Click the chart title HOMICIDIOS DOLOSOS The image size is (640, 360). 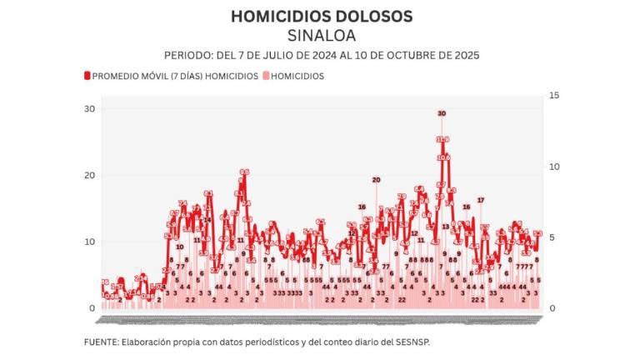click(321, 16)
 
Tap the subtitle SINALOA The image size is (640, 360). click(321, 35)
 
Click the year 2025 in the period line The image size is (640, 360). click(462, 55)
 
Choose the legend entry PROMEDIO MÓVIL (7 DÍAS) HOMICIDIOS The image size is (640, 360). click(174, 76)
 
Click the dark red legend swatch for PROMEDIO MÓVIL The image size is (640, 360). click(87, 76)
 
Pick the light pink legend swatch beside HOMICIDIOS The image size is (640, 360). click(267, 76)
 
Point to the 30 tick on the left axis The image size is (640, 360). click(88, 109)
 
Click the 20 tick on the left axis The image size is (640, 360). click(88, 176)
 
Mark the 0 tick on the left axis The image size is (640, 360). click(92, 308)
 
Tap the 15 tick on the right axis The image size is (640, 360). click(552, 96)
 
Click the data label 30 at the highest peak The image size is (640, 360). click(442, 113)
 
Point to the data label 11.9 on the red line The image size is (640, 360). click(442, 139)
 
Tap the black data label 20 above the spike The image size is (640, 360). click(376, 180)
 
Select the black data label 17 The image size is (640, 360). click(480, 200)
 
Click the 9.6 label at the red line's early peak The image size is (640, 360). click(244, 172)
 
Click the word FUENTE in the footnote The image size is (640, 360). click(100, 342)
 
